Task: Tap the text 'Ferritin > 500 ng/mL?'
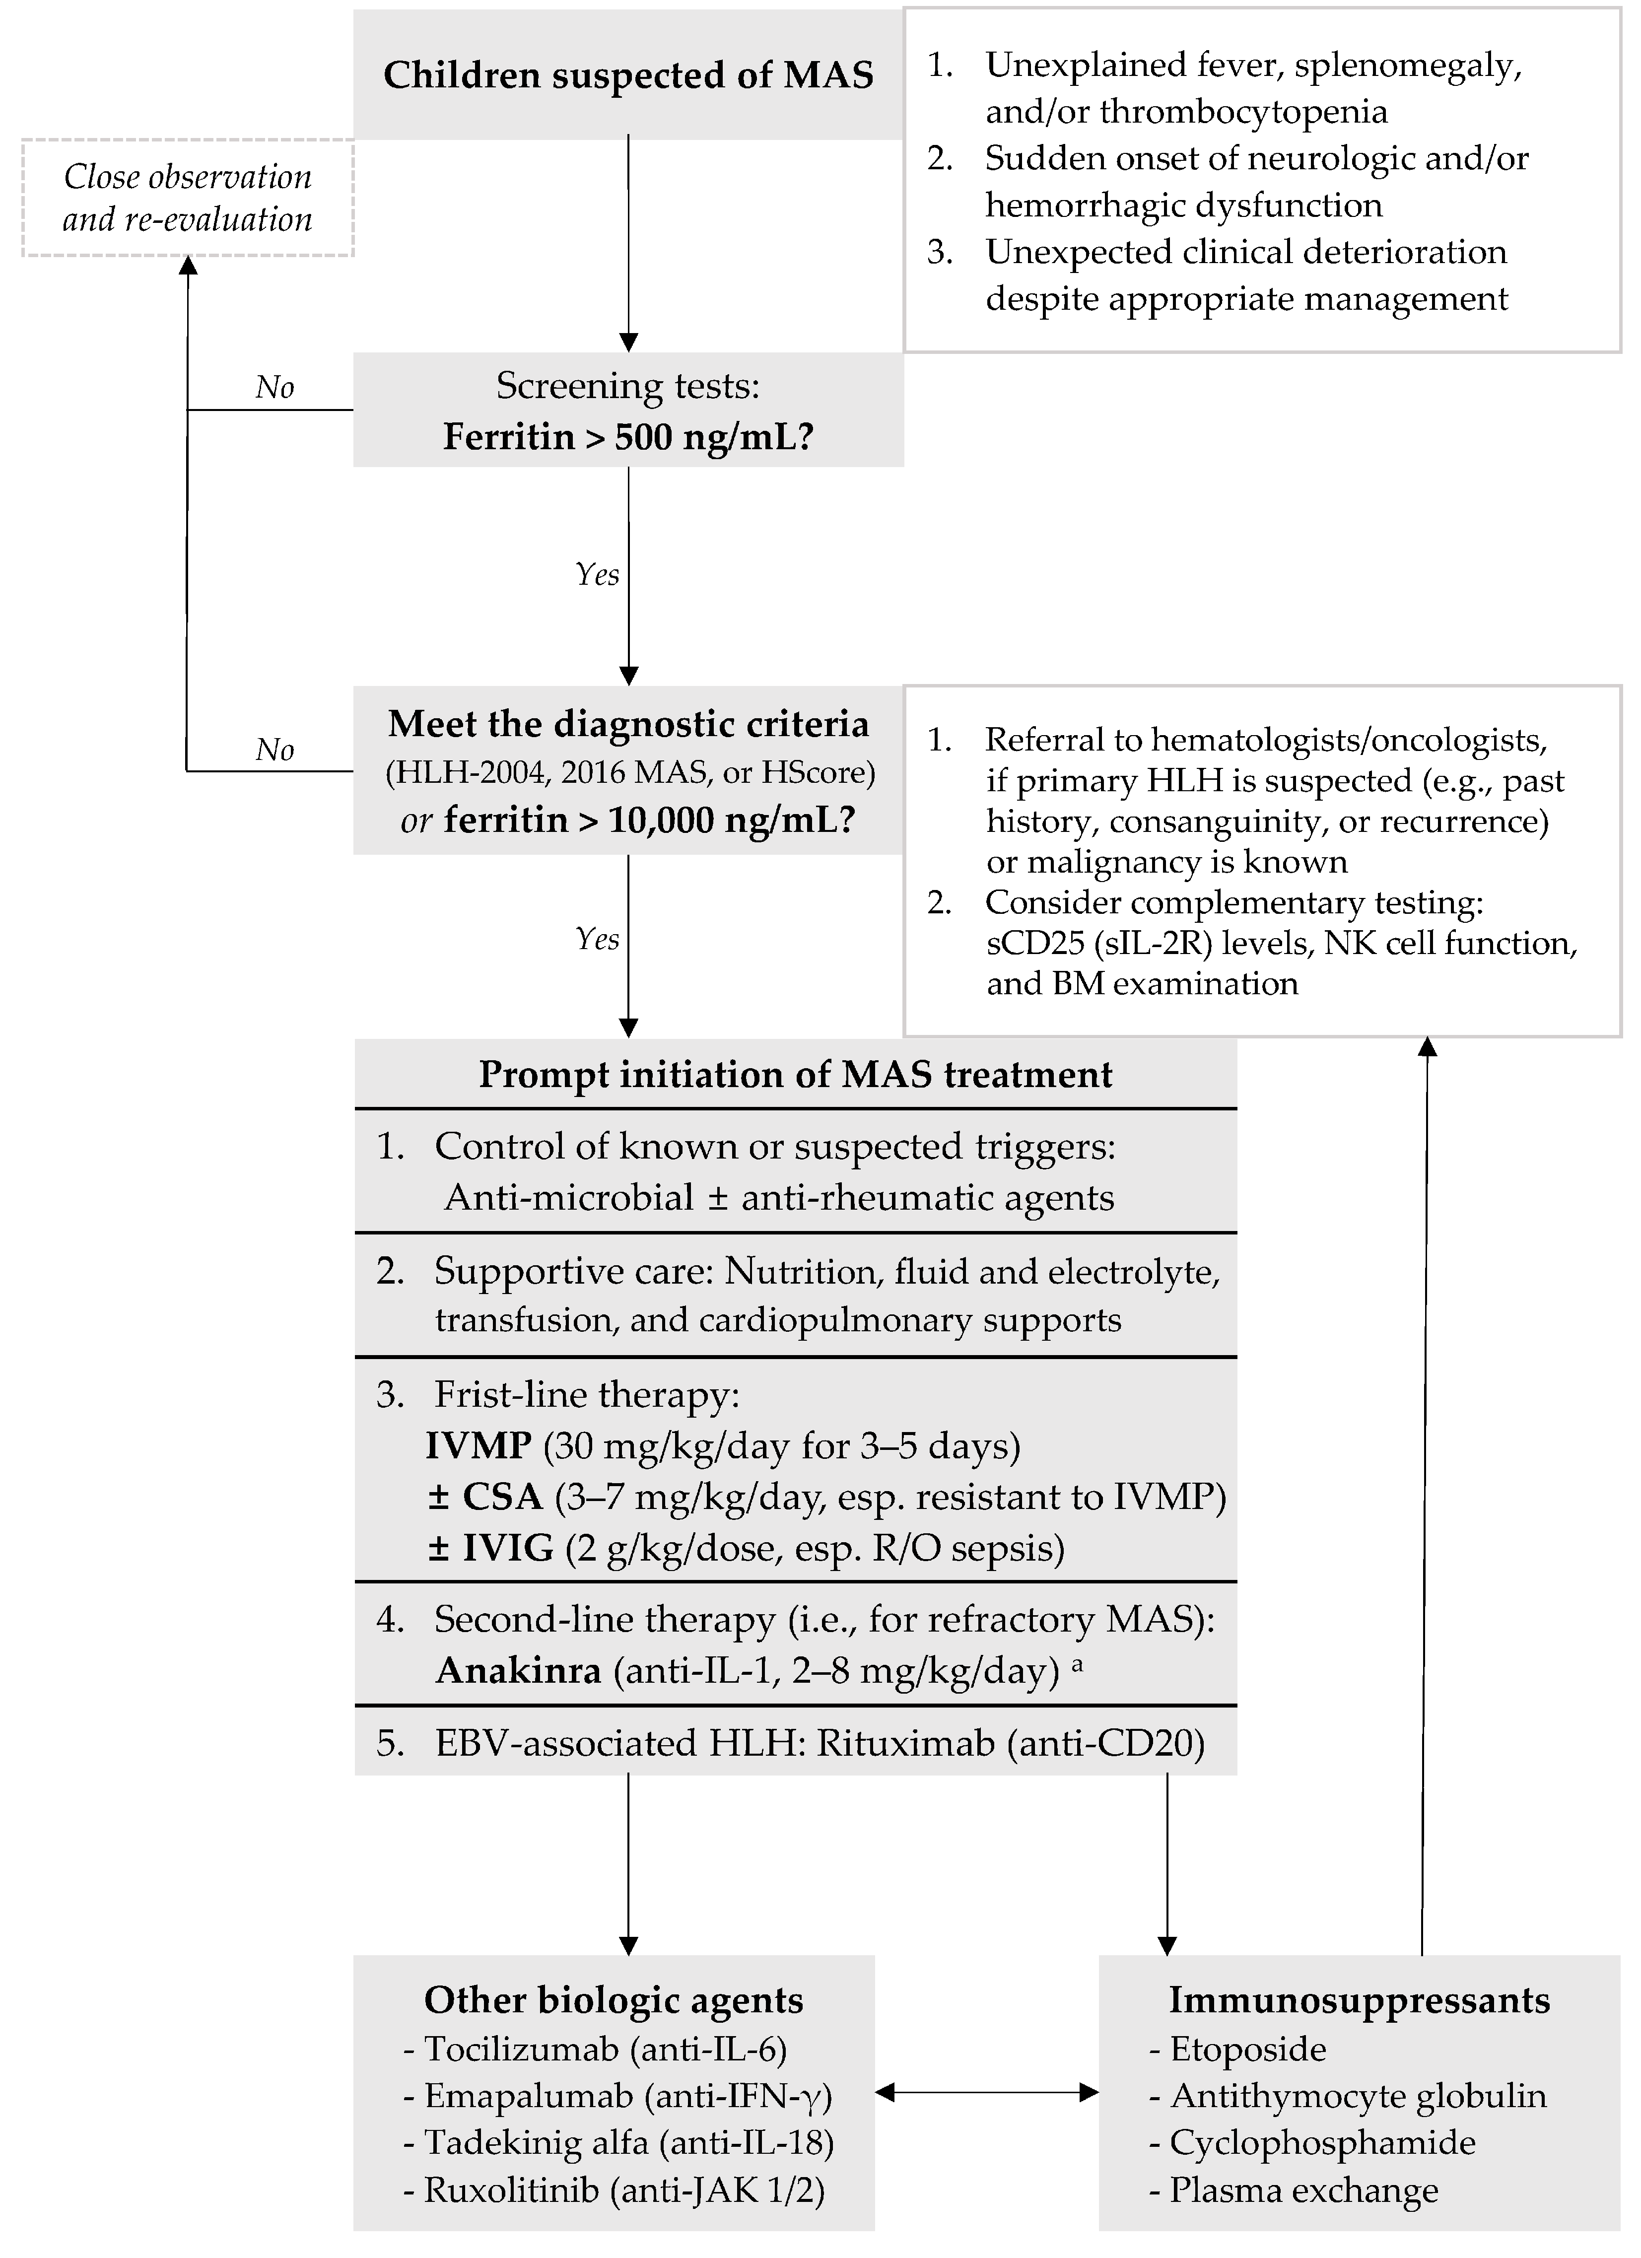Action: point(628,436)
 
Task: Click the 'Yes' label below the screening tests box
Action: point(598,574)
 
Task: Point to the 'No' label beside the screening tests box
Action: point(275,387)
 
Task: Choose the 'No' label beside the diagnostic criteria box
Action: point(275,750)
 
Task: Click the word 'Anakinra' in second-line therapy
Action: point(518,1670)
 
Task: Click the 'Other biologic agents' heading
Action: point(614,2000)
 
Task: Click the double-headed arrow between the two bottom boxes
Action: point(986,2094)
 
